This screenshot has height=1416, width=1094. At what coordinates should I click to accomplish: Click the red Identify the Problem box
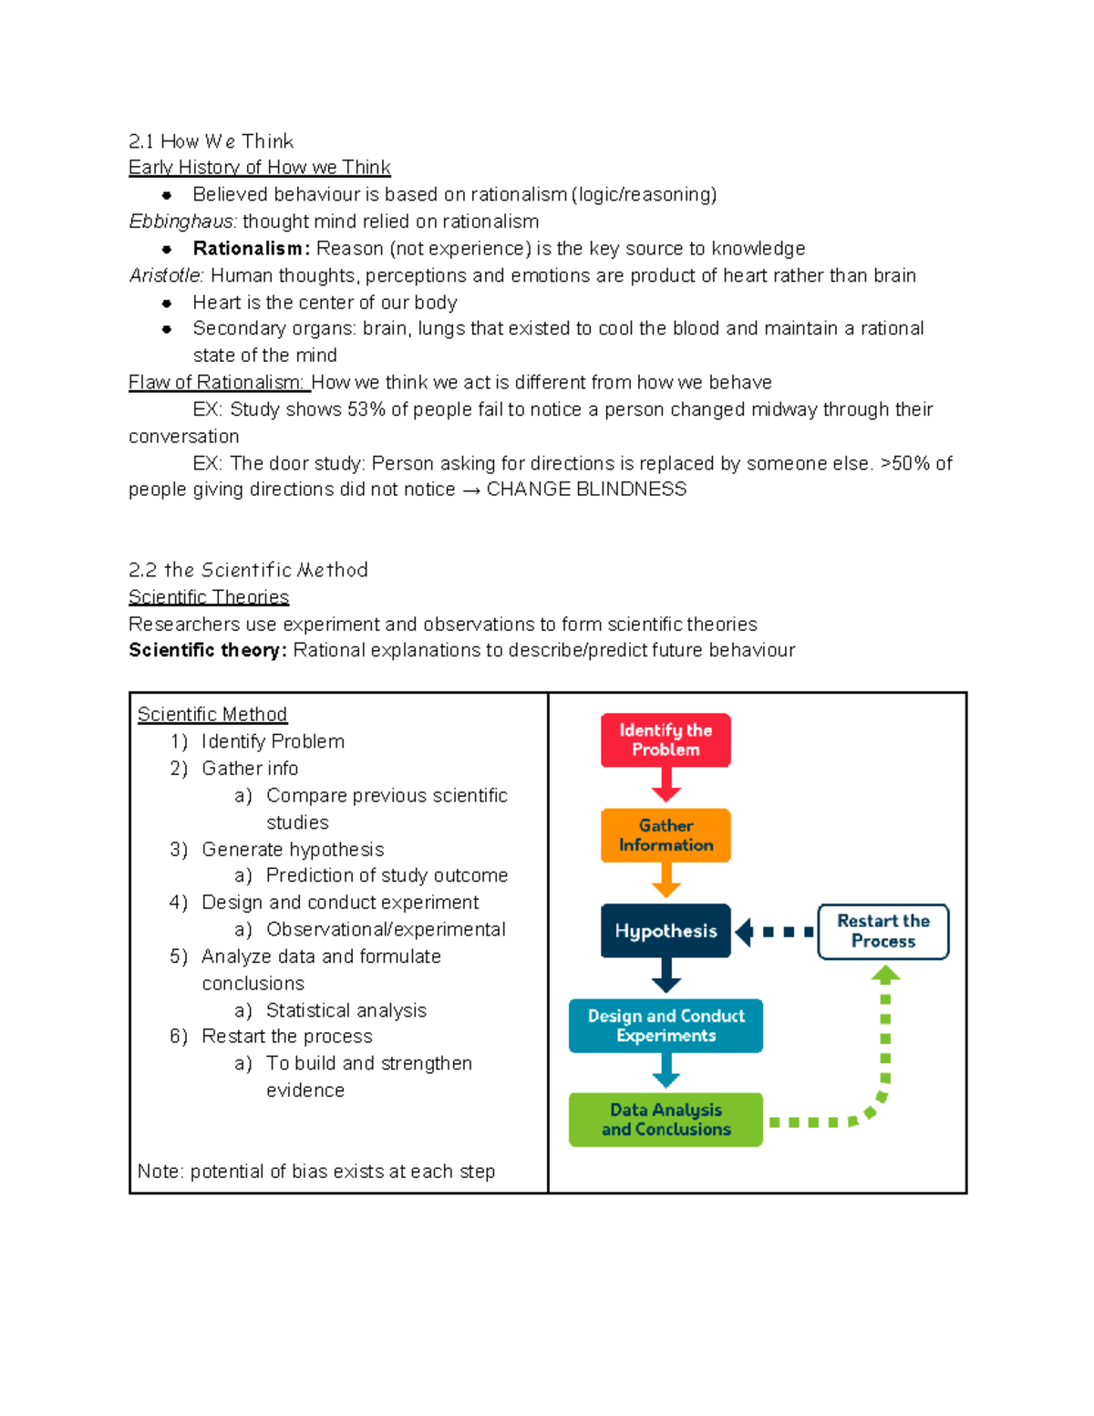[666, 739]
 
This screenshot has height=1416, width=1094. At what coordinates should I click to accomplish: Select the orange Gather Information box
[666, 835]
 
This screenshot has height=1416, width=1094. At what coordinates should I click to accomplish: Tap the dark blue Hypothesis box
[666, 931]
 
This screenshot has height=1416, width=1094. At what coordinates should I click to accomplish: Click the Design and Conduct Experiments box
[666, 1026]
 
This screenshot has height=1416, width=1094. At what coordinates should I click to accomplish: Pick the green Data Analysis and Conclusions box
[666, 1120]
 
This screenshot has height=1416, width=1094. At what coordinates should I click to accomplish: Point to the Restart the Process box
[882, 931]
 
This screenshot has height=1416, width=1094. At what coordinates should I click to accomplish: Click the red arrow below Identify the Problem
[666, 785]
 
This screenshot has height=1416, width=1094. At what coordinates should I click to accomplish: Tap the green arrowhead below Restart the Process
[885, 974]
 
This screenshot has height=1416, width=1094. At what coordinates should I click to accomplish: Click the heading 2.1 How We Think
[211, 141]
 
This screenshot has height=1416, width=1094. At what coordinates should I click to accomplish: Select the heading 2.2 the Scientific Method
[248, 570]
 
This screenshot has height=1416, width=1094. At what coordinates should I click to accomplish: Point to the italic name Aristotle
[167, 275]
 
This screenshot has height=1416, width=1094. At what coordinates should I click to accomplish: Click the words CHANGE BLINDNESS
[586, 490]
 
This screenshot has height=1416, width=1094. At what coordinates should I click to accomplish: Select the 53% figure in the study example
[366, 409]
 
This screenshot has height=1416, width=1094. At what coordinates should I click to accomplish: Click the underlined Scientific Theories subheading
[209, 597]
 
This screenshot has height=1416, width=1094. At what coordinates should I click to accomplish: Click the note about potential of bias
[315, 1172]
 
